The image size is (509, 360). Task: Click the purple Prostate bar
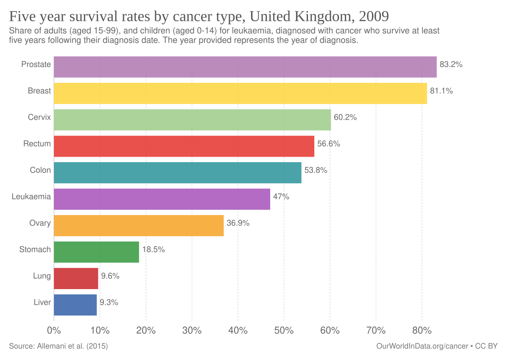(x=245, y=67)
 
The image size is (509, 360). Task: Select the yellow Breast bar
(x=240, y=93)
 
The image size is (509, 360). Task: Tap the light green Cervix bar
(x=192, y=120)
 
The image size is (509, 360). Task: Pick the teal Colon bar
(x=177, y=172)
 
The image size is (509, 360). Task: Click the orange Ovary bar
(x=139, y=225)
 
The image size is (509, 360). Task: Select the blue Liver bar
(x=76, y=305)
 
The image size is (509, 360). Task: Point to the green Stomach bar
(x=96, y=252)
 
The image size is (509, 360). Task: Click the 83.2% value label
(x=451, y=65)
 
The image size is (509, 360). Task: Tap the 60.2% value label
(x=345, y=118)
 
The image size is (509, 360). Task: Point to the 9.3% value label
(x=109, y=303)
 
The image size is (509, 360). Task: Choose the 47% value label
(x=281, y=197)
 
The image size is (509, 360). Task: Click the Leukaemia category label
(x=31, y=197)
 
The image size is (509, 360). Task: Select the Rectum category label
(x=37, y=144)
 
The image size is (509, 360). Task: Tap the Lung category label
(x=42, y=276)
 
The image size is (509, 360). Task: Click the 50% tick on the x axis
(x=284, y=330)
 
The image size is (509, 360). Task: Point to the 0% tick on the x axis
(x=54, y=330)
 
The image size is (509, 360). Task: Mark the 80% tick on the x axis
(x=422, y=330)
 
